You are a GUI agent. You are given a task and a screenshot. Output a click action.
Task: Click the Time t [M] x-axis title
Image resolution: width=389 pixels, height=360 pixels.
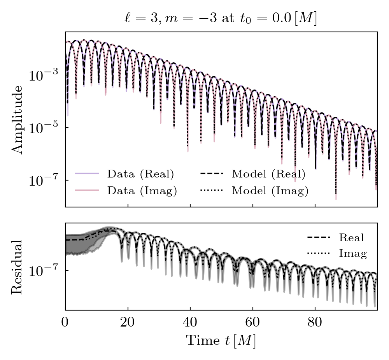pos(221,341)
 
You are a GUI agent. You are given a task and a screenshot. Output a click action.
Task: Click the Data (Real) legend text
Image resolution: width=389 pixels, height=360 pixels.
pos(140,174)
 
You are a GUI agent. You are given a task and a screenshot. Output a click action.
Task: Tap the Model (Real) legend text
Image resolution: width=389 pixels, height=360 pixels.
pos(268,174)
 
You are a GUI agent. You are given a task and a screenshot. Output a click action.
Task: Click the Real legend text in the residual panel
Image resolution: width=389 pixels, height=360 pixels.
pos(351,237)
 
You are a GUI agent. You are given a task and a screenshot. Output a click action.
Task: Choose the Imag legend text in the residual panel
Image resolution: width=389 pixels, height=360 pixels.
pos(353,254)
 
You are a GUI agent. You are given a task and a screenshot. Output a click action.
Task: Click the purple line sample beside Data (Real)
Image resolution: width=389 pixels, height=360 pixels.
pos(87,174)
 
